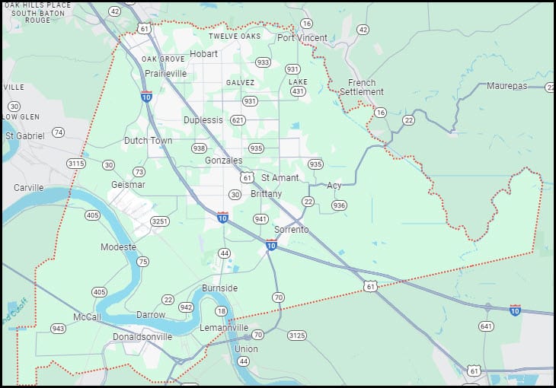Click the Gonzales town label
coord(223,161)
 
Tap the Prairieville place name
coord(165,74)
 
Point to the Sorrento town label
coord(291,229)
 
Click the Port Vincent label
coord(302,37)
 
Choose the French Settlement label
coord(362,87)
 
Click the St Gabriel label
coord(25,135)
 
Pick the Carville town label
coord(28,187)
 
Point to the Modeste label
coord(118,247)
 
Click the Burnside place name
coord(219,288)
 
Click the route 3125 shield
coord(297,336)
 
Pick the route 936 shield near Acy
coord(339,205)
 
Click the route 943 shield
coord(58,329)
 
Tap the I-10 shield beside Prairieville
coord(146,97)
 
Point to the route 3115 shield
coord(75,164)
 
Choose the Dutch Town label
coord(148,141)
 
